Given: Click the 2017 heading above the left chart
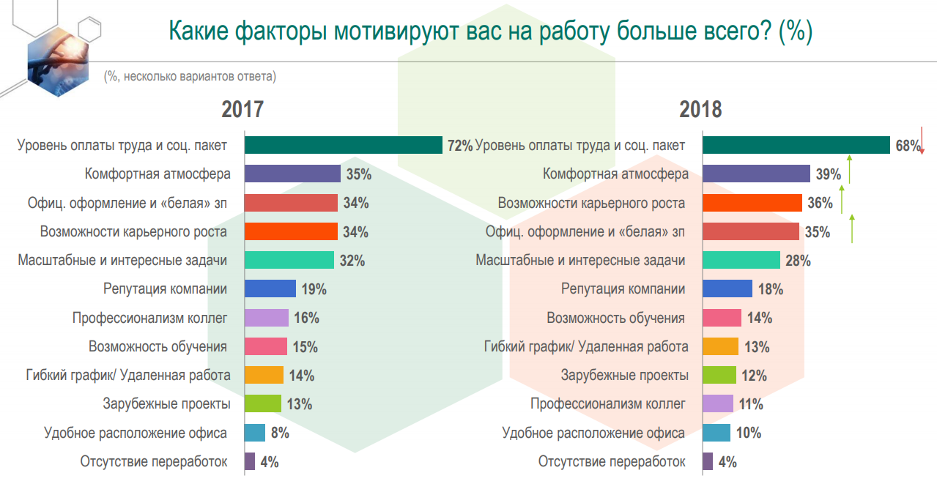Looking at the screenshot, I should (242, 110).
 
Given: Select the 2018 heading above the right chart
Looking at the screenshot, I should (700, 110).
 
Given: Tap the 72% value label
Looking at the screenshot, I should (459, 146).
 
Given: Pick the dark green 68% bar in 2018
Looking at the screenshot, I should (796, 145).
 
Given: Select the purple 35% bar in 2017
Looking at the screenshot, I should (292, 174).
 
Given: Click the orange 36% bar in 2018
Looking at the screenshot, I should (752, 203).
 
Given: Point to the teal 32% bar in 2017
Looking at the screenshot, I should (289, 260).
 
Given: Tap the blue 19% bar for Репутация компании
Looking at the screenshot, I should (270, 288).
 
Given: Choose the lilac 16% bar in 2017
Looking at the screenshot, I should (266, 318).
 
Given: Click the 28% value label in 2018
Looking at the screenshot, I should (798, 261).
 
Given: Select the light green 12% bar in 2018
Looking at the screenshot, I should (719, 376).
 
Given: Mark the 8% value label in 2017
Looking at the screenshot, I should (280, 433).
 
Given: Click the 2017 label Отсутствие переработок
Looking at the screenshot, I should (154, 462).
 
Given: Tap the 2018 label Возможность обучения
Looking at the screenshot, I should (615, 318).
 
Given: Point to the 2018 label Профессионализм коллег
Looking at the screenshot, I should (608, 404).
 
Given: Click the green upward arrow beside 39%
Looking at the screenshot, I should (849, 169).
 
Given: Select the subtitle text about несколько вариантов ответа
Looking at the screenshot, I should (190, 75).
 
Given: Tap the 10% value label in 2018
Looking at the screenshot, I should (748, 433).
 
